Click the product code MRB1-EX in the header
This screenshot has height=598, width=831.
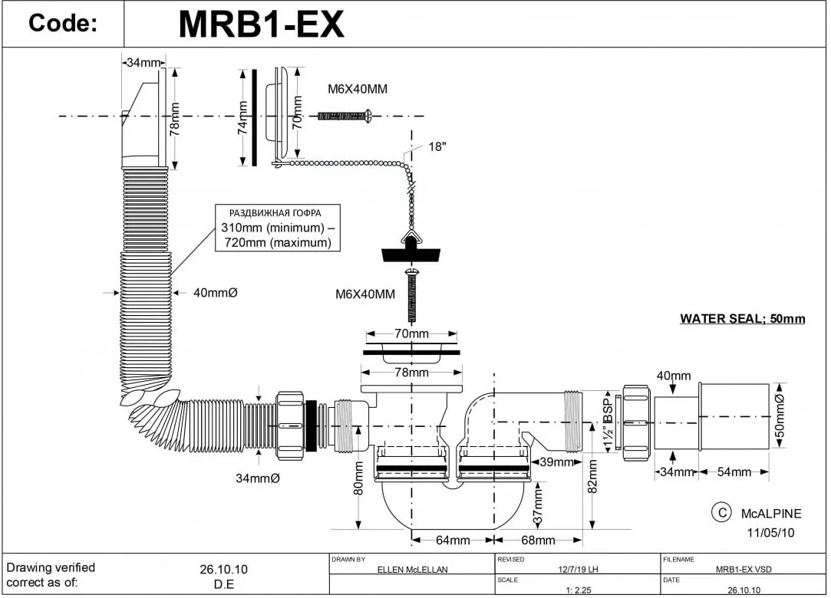click(x=262, y=24)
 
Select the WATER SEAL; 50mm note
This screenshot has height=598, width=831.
click(x=743, y=319)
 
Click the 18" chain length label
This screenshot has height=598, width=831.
click(x=437, y=146)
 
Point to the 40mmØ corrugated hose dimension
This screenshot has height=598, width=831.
click(x=215, y=293)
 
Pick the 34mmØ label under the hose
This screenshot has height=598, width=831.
click(x=258, y=478)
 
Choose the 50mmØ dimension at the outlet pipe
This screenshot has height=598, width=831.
click(x=780, y=416)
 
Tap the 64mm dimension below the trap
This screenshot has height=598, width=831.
click(x=453, y=540)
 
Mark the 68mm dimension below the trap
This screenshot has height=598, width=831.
click(x=538, y=540)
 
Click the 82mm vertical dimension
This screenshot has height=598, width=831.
click(x=593, y=476)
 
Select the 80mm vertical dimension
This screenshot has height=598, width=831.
click(x=359, y=478)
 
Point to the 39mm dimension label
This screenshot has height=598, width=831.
click(x=556, y=462)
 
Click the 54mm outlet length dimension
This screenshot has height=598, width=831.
click(x=734, y=472)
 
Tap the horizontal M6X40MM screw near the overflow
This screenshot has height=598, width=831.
click(x=345, y=116)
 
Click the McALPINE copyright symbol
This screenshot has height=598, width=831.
click(x=721, y=513)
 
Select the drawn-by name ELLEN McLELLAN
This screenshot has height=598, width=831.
click(x=412, y=570)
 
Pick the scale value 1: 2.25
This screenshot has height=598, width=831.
click(x=579, y=590)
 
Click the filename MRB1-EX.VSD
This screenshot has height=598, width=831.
click(x=744, y=570)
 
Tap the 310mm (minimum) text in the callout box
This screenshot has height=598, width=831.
click(x=272, y=228)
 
